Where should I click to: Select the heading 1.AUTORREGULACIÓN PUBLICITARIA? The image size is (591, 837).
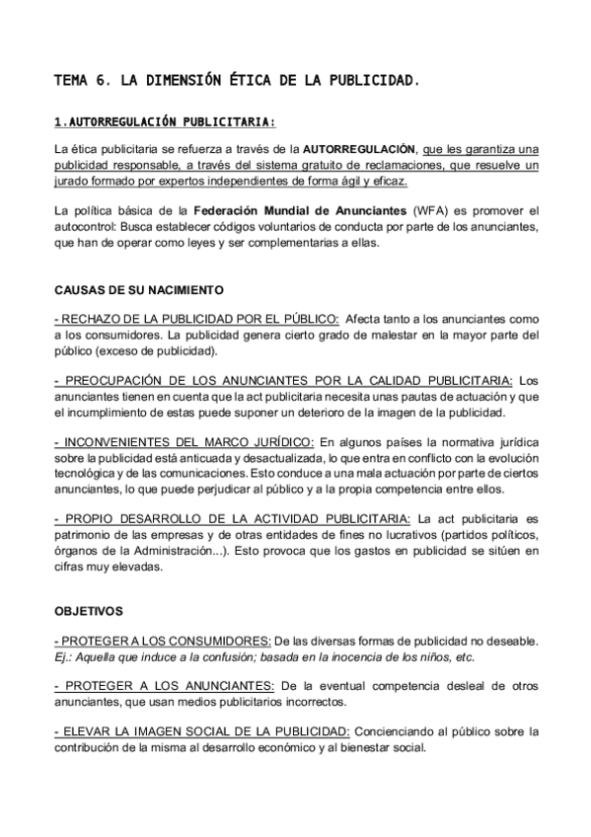pos(165,122)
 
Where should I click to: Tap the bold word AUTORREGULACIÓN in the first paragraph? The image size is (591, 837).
pos(359,149)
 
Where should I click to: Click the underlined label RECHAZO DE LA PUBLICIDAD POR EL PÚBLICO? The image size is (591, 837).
pos(196,319)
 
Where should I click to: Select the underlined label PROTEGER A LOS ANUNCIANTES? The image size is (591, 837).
pos(164,685)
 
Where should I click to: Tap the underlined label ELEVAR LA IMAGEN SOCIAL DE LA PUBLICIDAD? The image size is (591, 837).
pos(202,731)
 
